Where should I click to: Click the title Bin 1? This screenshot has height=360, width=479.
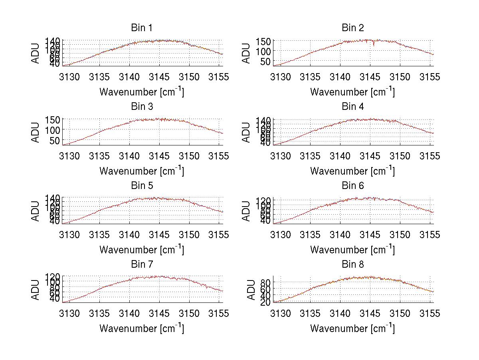[x=142, y=28]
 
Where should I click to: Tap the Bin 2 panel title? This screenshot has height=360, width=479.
[x=353, y=28]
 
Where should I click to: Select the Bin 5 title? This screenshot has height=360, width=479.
[x=142, y=186]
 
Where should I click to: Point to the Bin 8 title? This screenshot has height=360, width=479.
[x=353, y=265]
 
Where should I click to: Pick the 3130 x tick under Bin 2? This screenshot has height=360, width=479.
[x=280, y=77]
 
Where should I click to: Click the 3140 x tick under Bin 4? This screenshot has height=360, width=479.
[x=340, y=156]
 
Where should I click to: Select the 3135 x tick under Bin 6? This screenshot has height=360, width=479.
[x=310, y=235]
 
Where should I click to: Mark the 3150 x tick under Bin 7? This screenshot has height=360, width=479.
[x=189, y=313]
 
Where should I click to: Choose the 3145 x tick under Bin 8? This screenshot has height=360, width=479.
[x=370, y=313]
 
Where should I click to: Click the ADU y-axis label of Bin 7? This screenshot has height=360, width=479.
[x=36, y=289]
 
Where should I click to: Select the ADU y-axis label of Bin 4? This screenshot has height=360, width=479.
[x=247, y=132]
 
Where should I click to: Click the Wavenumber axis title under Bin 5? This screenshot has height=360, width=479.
[x=142, y=250]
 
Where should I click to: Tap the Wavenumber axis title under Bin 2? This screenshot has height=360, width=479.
[x=352, y=92]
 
